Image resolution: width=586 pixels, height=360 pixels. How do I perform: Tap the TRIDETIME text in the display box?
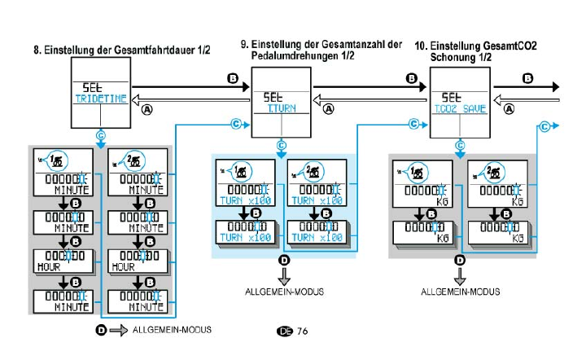[x=100, y=99]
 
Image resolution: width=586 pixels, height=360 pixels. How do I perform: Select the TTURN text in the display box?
[x=281, y=108]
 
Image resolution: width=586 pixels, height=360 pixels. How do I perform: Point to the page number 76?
[x=302, y=331]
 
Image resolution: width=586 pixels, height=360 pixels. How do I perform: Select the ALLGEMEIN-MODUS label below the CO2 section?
[x=460, y=291]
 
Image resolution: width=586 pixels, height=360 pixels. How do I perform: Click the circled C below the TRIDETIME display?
[x=100, y=135]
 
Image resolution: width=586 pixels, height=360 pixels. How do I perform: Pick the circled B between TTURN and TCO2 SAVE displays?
[x=412, y=78]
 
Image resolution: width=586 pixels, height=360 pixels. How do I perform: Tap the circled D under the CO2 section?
[x=460, y=260]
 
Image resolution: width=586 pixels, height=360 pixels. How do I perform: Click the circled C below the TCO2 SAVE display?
[x=460, y=147]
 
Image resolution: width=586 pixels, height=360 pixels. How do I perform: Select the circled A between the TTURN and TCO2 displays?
[x=329, y=108]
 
